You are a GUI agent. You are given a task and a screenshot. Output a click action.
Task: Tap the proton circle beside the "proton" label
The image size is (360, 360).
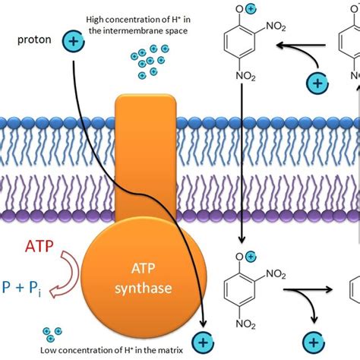[x=73, y=43]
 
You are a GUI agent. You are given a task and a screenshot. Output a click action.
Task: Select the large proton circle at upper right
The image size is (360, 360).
[x=315, y=81]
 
